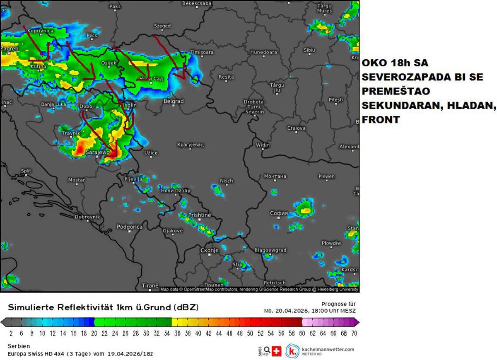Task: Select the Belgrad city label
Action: point(173,101)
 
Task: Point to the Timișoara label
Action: point(202,52)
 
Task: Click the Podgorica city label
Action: point(129,227)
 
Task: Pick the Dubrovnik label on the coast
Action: point(87,217)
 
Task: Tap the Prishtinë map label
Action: point(200,215)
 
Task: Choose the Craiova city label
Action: point(296,128)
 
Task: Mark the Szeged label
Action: point(162,26)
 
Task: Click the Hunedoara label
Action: point(263,52)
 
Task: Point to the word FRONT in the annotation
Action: point(381,120)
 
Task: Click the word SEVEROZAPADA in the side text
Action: point(397,77)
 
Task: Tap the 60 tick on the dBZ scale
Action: point(302,333)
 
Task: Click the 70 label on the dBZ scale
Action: point(354,333)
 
